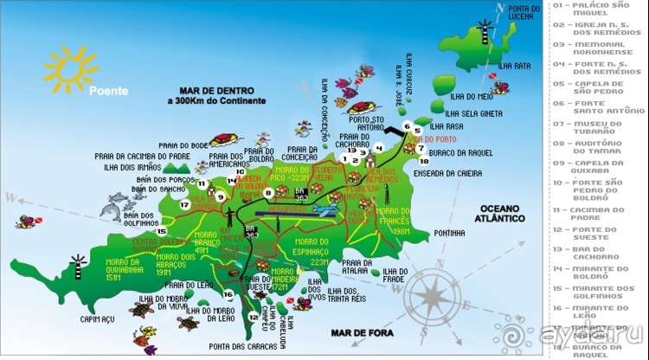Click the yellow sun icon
click(70, 68)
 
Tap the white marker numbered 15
click(161, 231)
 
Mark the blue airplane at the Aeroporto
click(327, 211)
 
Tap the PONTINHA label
click(451, 233)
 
